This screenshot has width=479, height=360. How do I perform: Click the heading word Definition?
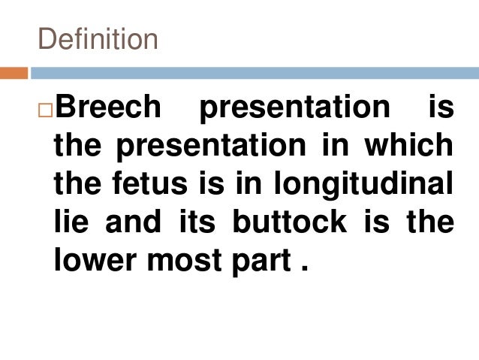click(98, 39)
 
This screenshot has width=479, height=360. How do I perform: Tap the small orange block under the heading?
click(14, 74)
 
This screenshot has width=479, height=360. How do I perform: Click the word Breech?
click(108, 107)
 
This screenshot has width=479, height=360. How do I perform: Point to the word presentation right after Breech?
click(294, 107)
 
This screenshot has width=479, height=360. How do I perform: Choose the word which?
click(409, 147)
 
